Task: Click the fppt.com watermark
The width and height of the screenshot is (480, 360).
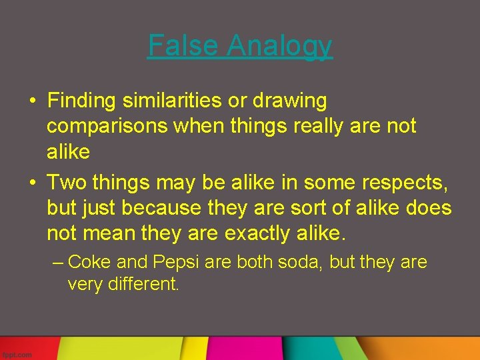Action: [17, 355]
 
